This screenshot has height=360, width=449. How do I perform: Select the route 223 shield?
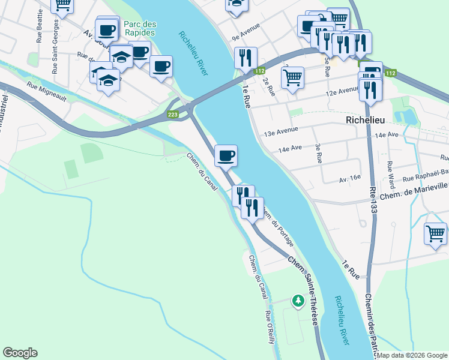pos(173,115)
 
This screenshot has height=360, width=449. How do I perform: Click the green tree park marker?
pos(298,300)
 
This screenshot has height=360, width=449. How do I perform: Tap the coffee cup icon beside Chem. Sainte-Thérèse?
pos(226,156)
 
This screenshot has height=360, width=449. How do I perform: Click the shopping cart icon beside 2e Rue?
pos(292,77)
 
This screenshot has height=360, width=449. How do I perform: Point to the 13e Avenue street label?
pos(278,132)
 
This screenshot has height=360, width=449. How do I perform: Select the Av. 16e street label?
pos(349,178)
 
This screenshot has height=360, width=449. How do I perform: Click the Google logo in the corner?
pos(20,353)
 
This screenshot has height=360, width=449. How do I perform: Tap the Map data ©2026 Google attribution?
pos(412,355)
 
